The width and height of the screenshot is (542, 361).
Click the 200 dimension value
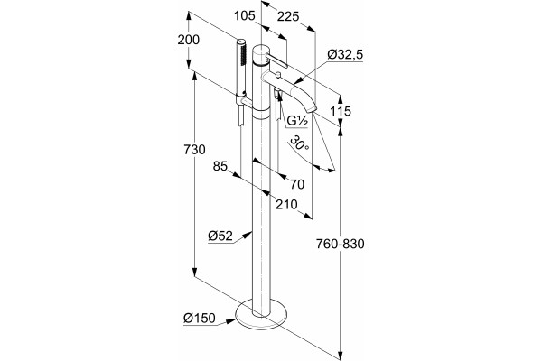click(189, 40)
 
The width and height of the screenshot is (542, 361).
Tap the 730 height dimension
click(194, 150)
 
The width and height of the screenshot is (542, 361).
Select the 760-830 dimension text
click(341, 244)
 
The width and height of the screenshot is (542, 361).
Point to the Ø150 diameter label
click(199, 318)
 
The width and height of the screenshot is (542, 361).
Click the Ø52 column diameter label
click(220, 236)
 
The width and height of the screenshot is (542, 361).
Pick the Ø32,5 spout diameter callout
click(345, 54)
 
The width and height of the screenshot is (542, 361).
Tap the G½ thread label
click(297, 121)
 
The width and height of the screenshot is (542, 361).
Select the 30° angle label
click(299, 143)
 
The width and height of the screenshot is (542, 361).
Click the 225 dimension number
click(288, 16)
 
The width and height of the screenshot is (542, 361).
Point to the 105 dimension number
click(245, 15)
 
